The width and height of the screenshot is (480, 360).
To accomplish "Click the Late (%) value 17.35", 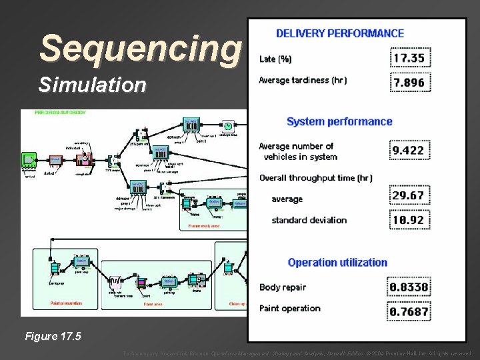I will point(410,58).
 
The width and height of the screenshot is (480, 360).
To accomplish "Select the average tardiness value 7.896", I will point(410,83).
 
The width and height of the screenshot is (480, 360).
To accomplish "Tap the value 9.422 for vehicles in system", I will point(409,150).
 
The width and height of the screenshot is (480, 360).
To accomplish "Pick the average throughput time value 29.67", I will point(409,195).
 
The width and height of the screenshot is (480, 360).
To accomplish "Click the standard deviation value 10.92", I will point(409,219).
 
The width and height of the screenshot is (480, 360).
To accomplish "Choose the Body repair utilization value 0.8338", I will point(409,287).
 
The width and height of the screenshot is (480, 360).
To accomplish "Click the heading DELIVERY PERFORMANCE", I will point(339,33).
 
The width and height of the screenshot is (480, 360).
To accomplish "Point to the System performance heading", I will point(339,121).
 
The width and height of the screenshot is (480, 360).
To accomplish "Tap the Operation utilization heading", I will point(337,262).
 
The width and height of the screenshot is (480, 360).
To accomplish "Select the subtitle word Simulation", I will point(92,85).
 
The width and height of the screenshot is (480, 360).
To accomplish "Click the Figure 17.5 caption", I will point(53,336).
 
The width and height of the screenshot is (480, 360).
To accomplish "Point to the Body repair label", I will point(283,287).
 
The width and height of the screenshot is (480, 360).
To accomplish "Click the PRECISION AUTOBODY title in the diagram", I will point(61,113).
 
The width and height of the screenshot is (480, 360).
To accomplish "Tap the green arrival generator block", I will point(29,159).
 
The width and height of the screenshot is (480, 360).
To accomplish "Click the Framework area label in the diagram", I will point(204,226).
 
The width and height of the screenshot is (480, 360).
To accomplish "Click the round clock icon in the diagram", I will point(228,126).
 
